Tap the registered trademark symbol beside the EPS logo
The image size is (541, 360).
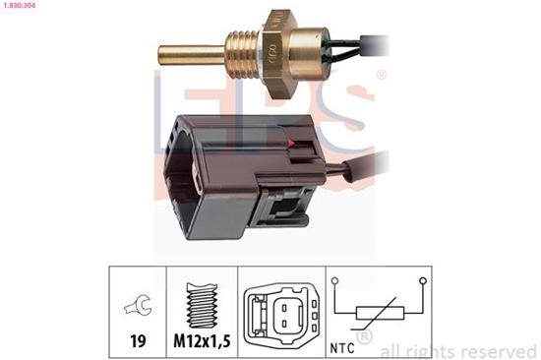coord(381,76)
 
